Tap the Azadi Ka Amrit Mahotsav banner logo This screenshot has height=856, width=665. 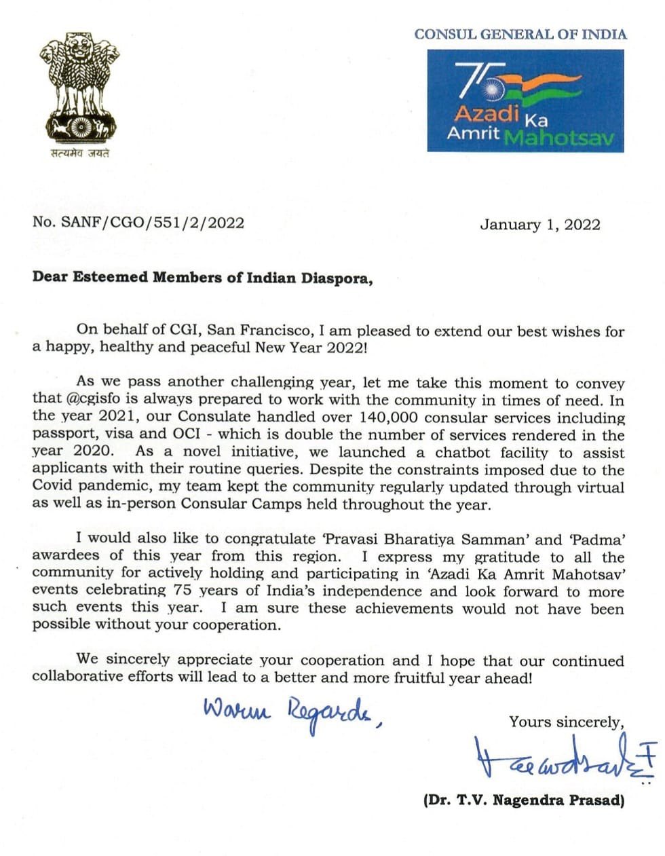click(x=525, y=100)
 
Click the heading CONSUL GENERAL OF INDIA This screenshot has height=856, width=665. click(x=520, y=34)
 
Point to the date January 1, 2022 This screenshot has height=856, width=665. click(x=539, y=225)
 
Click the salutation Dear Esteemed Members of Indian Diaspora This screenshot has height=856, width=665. click(x=203, y=278)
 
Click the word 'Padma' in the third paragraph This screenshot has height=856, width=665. click(x=597, y=540)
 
